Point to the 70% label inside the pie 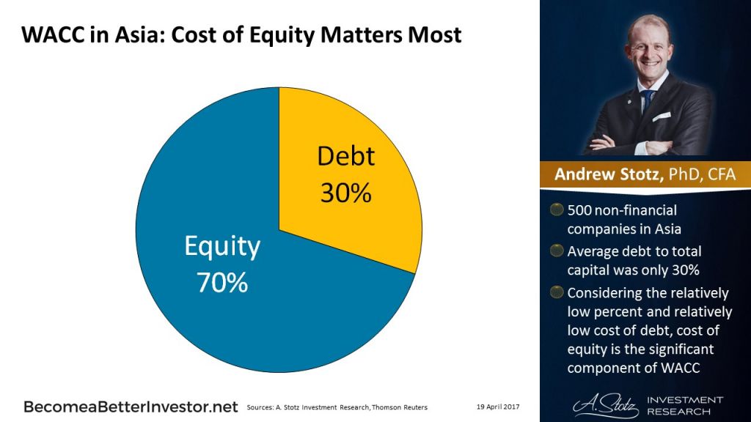[x=221, y=283]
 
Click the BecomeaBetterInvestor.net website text [x=131, y=405]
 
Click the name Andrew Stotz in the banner [x=603, y=174]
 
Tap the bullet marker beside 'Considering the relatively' [x=557, y=293]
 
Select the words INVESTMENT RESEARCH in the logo [x=684, y=404]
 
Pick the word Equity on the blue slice [x=221, y=247]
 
